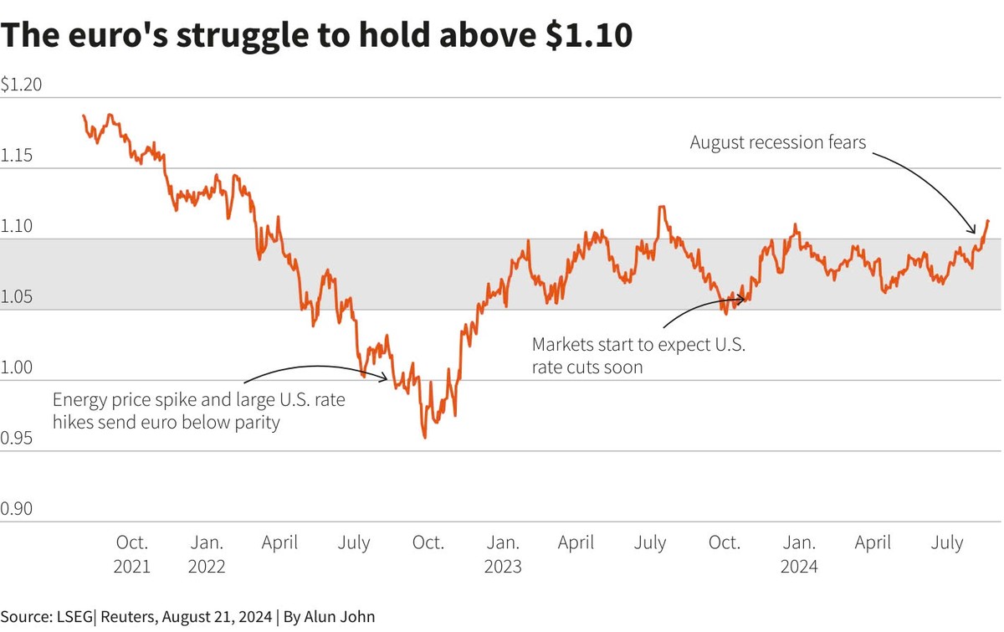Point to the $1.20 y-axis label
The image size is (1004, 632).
tap(22, 85)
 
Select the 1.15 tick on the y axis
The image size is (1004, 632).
tap(18, 156)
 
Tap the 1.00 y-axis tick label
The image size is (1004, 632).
tap(18, 367)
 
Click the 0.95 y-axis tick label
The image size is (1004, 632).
tap(18, 438)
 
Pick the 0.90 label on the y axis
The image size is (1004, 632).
tap(18, 509)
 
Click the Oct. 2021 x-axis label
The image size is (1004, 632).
tap(131, 554)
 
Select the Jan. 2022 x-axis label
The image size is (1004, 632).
tap(206, 554)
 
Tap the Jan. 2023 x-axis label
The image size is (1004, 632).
tap(502, 554)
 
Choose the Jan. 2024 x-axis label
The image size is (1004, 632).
tap(798, 554)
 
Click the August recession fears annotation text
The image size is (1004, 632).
tap(777, 142)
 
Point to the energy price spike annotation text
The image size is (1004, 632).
tap(198, 411)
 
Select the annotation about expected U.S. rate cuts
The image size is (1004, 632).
tap(638, 356)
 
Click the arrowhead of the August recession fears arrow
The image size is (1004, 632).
tap(974, 232)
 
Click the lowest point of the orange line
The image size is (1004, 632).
tap(425, 437)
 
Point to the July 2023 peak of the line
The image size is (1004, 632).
tap(663, 207)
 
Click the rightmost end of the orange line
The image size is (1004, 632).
tap(988, 221)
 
